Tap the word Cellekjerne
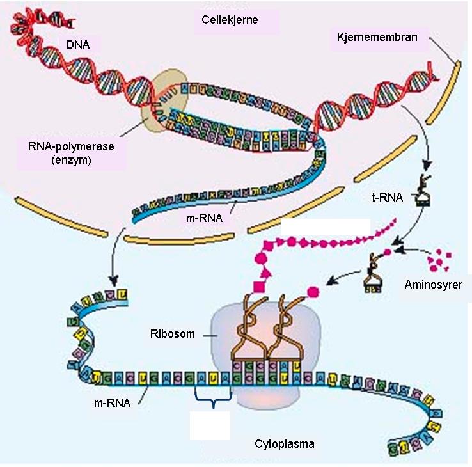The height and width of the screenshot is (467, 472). (236, 20)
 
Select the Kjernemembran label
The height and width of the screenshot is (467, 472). (377, 37)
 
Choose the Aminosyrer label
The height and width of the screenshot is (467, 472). (433, 284)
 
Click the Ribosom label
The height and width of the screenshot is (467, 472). (172, 333)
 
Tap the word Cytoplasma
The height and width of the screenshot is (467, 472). (284, 443)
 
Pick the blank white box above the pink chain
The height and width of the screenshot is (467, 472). (326, 228)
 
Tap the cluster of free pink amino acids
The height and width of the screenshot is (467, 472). (437, 260)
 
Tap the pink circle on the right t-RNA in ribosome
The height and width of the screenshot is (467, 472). (313, 292)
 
